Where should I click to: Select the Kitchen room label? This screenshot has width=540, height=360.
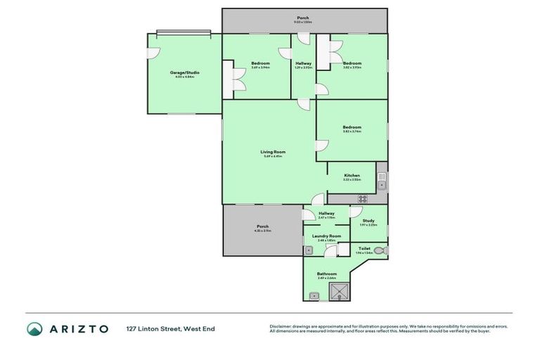pyautogui.click(x=352, y=176)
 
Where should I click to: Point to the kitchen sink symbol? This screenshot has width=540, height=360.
pyautogui.click(x=381, y=185)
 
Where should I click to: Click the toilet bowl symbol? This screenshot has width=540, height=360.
pyautogui.click(x=380, y=250)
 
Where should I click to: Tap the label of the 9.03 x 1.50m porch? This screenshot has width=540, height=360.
pyautogui.click(x=302, y=19)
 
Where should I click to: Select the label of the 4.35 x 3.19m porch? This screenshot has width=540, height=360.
pyautogui.click(x=262, y=227)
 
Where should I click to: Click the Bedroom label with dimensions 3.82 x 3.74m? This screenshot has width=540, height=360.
pyautogui.click(x=352, y=128)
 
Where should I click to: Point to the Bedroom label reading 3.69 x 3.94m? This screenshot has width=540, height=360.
pyautogui.click(x=260, y=65)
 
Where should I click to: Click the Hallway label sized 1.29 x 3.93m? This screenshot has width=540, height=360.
pyautogui.click(x=304, y=65)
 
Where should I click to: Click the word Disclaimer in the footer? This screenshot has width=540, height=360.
pyautogui.click(x=281, y=326)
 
